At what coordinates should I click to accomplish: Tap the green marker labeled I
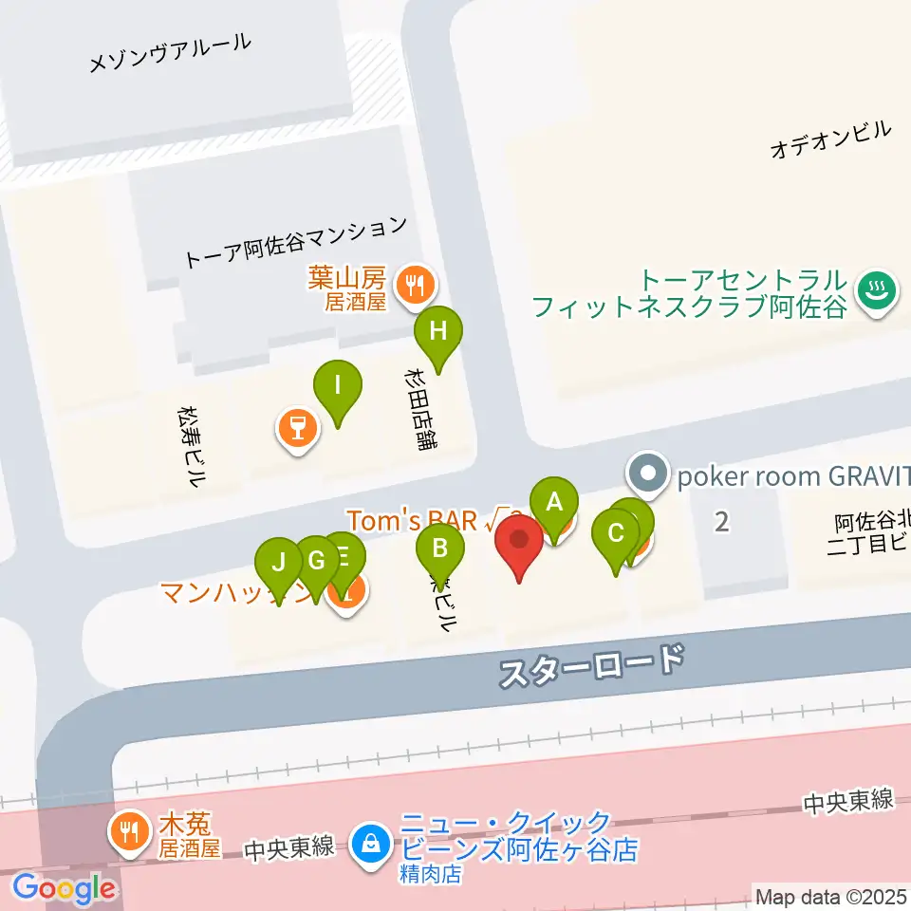pyautogui.click(x=338, y=385)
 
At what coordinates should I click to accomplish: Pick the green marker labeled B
pyautogui.click(x=440, y=548)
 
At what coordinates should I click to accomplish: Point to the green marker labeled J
pyautogui.click(x=279, y=562)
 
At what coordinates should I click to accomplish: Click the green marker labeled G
pyautogui.click(x=316, y=560)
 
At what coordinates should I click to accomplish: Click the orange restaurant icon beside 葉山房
pyautogui.click(x=415, y=282)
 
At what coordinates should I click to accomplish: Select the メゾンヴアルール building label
pyautogui.click(x=170, y=51)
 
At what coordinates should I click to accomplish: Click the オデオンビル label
pyautogui.click(x=831, y=139)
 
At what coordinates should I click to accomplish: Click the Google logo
pyautogui.click(x=64, y=889)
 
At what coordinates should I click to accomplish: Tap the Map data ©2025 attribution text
pyautogui.click(x=831, y=896)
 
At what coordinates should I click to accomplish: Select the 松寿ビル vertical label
pyautogui.click(x=191, y=446)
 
